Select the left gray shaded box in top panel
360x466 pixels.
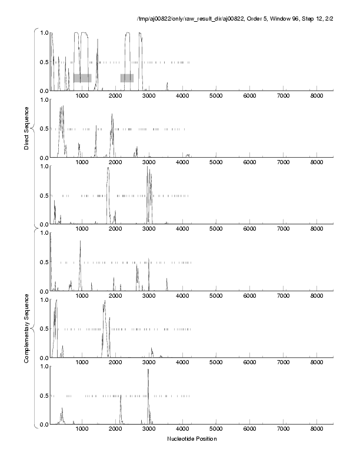click(82, 78)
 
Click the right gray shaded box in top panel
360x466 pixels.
click(127, 78)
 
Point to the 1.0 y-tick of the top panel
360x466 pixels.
click(44, 32)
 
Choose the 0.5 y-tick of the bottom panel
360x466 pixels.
click(44, 395)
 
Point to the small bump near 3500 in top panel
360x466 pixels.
click(167, 84)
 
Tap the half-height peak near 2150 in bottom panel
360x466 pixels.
click(121, 396)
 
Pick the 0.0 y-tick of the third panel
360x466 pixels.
click(44, 224)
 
